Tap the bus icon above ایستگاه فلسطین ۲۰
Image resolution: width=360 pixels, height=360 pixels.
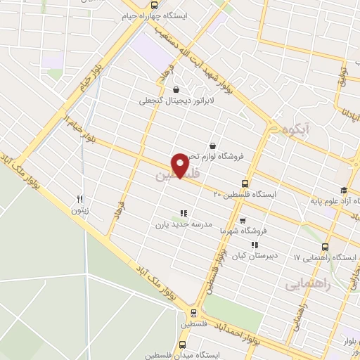coord(245,182)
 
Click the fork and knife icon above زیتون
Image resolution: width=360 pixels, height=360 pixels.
coord(80,199)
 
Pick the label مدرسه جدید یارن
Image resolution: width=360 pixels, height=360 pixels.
coord(183,226)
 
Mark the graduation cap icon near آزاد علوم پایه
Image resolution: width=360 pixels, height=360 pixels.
coord(343,191)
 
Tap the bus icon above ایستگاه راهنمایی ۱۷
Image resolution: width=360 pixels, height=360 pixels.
coord(324,247)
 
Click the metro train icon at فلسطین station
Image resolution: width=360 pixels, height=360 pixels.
coord(193,314)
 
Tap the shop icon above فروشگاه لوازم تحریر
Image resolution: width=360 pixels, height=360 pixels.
coord(210,146)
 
